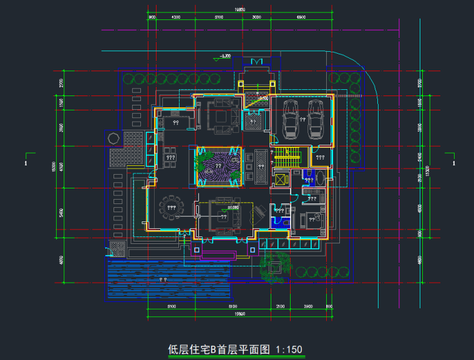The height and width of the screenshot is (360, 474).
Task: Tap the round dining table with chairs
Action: [x=170, y=207]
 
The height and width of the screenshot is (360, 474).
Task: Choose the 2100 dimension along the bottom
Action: [x=280, y=307]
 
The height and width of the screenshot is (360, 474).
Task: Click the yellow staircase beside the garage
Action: [x=288, y=158]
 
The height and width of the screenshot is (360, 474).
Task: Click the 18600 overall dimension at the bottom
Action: [x=239, y=314]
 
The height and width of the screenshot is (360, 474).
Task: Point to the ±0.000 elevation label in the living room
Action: [x=235, y=207]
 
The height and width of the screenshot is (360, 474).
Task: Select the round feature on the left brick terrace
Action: [x=115, y=137]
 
